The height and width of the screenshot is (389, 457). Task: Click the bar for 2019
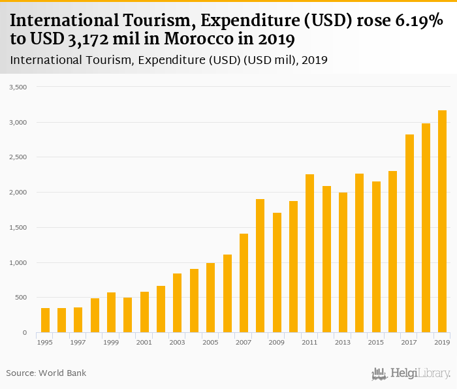pos(442,222)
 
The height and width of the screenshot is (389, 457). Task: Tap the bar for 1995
pos(45,320)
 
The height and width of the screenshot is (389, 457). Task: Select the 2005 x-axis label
pos(210,343)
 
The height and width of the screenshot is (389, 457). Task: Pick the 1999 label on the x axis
pos(111,343)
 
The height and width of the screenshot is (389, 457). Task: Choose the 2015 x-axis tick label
pos(376,343)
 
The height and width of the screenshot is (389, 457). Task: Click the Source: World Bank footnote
pos(46,373)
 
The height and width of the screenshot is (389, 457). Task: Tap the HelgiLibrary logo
pos(411,373)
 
